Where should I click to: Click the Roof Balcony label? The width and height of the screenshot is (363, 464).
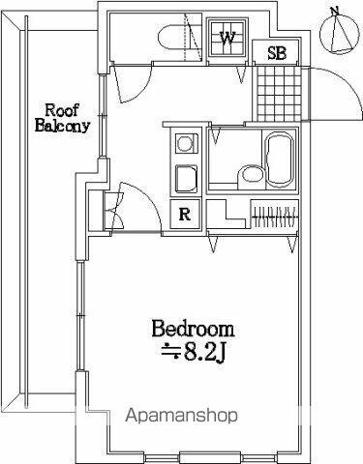pos(62,118)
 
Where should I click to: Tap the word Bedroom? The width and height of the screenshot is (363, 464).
pos(193,329)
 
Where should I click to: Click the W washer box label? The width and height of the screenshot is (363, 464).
pos(227,39)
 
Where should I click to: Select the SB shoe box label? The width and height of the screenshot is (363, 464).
pos(277,53)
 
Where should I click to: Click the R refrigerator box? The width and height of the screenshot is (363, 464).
pos(185,215)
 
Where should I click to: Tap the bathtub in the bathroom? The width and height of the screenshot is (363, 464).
pos(280,160)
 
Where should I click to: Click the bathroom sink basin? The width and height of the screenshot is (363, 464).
pos(252,175)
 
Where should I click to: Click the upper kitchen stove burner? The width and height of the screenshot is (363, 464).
pos(185,143)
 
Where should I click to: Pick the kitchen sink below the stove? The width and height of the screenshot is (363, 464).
pos(186,179)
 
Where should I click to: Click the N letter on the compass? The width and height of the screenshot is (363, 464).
pos(336,12)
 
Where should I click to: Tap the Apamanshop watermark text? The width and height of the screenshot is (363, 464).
pos(182,416)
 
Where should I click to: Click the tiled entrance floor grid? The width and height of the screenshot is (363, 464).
pos(280,94)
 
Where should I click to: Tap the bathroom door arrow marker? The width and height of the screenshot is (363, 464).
pos(216,135)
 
